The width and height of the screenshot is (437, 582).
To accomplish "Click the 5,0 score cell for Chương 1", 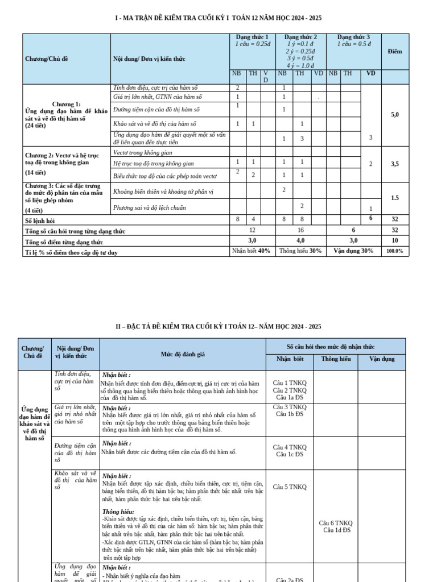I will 395,114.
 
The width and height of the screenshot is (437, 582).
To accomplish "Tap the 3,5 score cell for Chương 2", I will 395,164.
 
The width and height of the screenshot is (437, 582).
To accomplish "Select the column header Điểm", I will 395,51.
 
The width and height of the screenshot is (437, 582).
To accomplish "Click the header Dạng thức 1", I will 252,37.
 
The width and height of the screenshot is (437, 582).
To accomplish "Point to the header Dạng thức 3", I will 353,37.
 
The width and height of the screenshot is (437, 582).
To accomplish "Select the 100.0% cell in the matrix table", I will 395,251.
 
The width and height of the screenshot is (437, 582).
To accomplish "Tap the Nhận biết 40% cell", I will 252,251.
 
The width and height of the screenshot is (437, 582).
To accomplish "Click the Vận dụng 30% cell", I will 353,251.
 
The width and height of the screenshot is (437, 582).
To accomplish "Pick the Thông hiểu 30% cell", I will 300,251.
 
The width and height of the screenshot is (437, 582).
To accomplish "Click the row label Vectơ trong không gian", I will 140,152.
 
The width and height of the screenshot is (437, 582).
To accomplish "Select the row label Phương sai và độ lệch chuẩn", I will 150,207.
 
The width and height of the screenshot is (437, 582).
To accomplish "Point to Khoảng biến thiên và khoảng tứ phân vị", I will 163,192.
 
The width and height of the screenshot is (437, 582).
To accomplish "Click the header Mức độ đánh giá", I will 183,354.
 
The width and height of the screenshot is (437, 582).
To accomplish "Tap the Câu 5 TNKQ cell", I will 290,487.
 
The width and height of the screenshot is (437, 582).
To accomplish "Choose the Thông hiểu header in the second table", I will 336,359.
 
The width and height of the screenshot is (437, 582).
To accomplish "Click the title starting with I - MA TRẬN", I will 218,19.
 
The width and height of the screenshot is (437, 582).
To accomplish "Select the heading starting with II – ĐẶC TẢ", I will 218,326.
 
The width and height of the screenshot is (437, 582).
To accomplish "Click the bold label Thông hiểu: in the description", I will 118,512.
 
